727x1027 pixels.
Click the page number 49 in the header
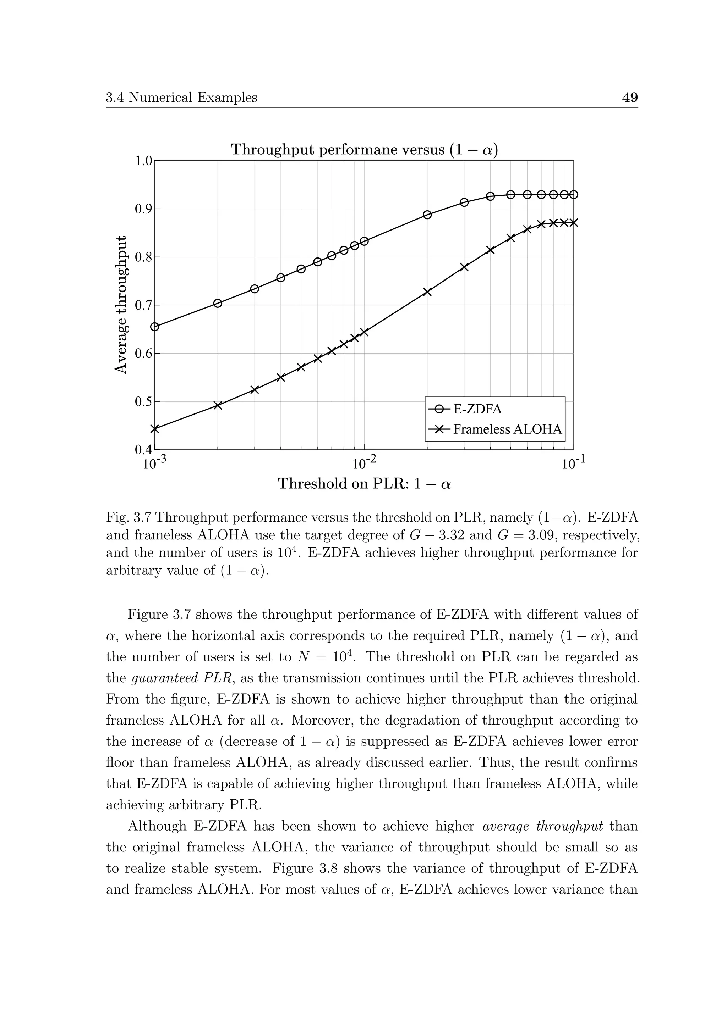630,97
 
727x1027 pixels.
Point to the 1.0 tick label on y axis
144,161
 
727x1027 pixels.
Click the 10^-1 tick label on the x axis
573,463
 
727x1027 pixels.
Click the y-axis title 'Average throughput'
121,304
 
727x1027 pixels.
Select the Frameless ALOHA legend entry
507,429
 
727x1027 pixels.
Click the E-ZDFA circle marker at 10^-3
155,327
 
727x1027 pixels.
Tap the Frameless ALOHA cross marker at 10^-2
364,332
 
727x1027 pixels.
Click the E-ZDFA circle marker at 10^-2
364,241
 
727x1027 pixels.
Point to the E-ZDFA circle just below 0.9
427,215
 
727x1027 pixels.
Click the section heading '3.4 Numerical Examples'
182,98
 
